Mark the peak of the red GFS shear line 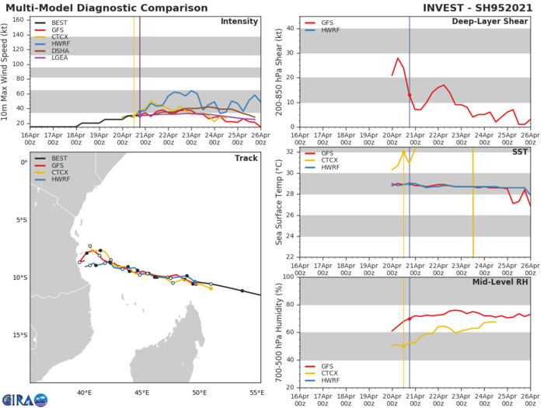point(398,58)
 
